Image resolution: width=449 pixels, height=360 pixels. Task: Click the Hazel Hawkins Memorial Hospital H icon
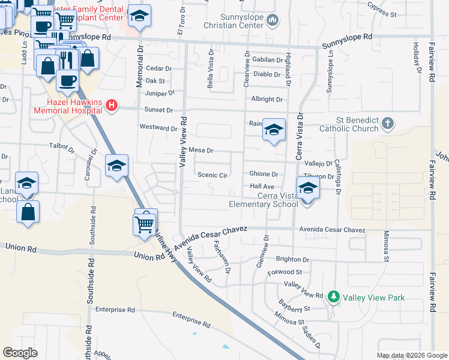tap(111, 106)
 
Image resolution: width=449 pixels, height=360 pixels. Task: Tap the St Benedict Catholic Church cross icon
tap(388, 124)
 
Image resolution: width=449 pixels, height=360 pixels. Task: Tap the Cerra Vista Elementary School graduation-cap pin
tap(307, 188)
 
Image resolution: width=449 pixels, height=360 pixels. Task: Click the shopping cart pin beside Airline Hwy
tap(144, 224)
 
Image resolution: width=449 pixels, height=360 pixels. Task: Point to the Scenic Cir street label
tap(213, 175)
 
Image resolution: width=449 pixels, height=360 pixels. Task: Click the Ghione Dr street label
tap(264, 174)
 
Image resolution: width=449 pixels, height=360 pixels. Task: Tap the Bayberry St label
tap(293, 308)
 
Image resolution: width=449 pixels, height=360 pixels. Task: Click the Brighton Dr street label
tap(292, 260)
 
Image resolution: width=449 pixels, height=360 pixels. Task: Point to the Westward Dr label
tap(158, 128)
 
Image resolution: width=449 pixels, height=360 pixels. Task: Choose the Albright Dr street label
tap(267, 99)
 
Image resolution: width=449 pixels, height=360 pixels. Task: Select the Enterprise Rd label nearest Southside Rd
tap(115, 310)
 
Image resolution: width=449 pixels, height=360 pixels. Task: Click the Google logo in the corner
tap(20, 353)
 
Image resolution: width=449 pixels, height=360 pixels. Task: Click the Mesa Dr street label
tap(201, 150)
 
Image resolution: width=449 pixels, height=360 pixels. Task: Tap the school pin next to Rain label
tap(274, 130)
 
